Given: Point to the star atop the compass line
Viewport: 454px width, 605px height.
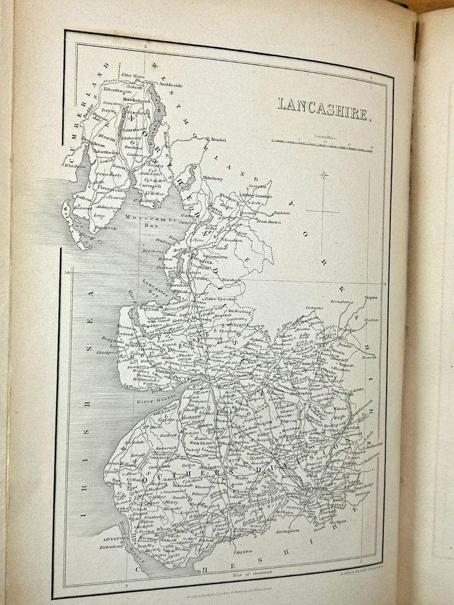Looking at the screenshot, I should pyautogui.click(x=323, y=175).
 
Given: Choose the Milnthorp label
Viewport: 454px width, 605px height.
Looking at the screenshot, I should pyautogui.click(x=211, y=178).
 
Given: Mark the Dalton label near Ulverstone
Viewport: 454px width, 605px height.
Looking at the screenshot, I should pyautogui.click(x=83, y=197).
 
